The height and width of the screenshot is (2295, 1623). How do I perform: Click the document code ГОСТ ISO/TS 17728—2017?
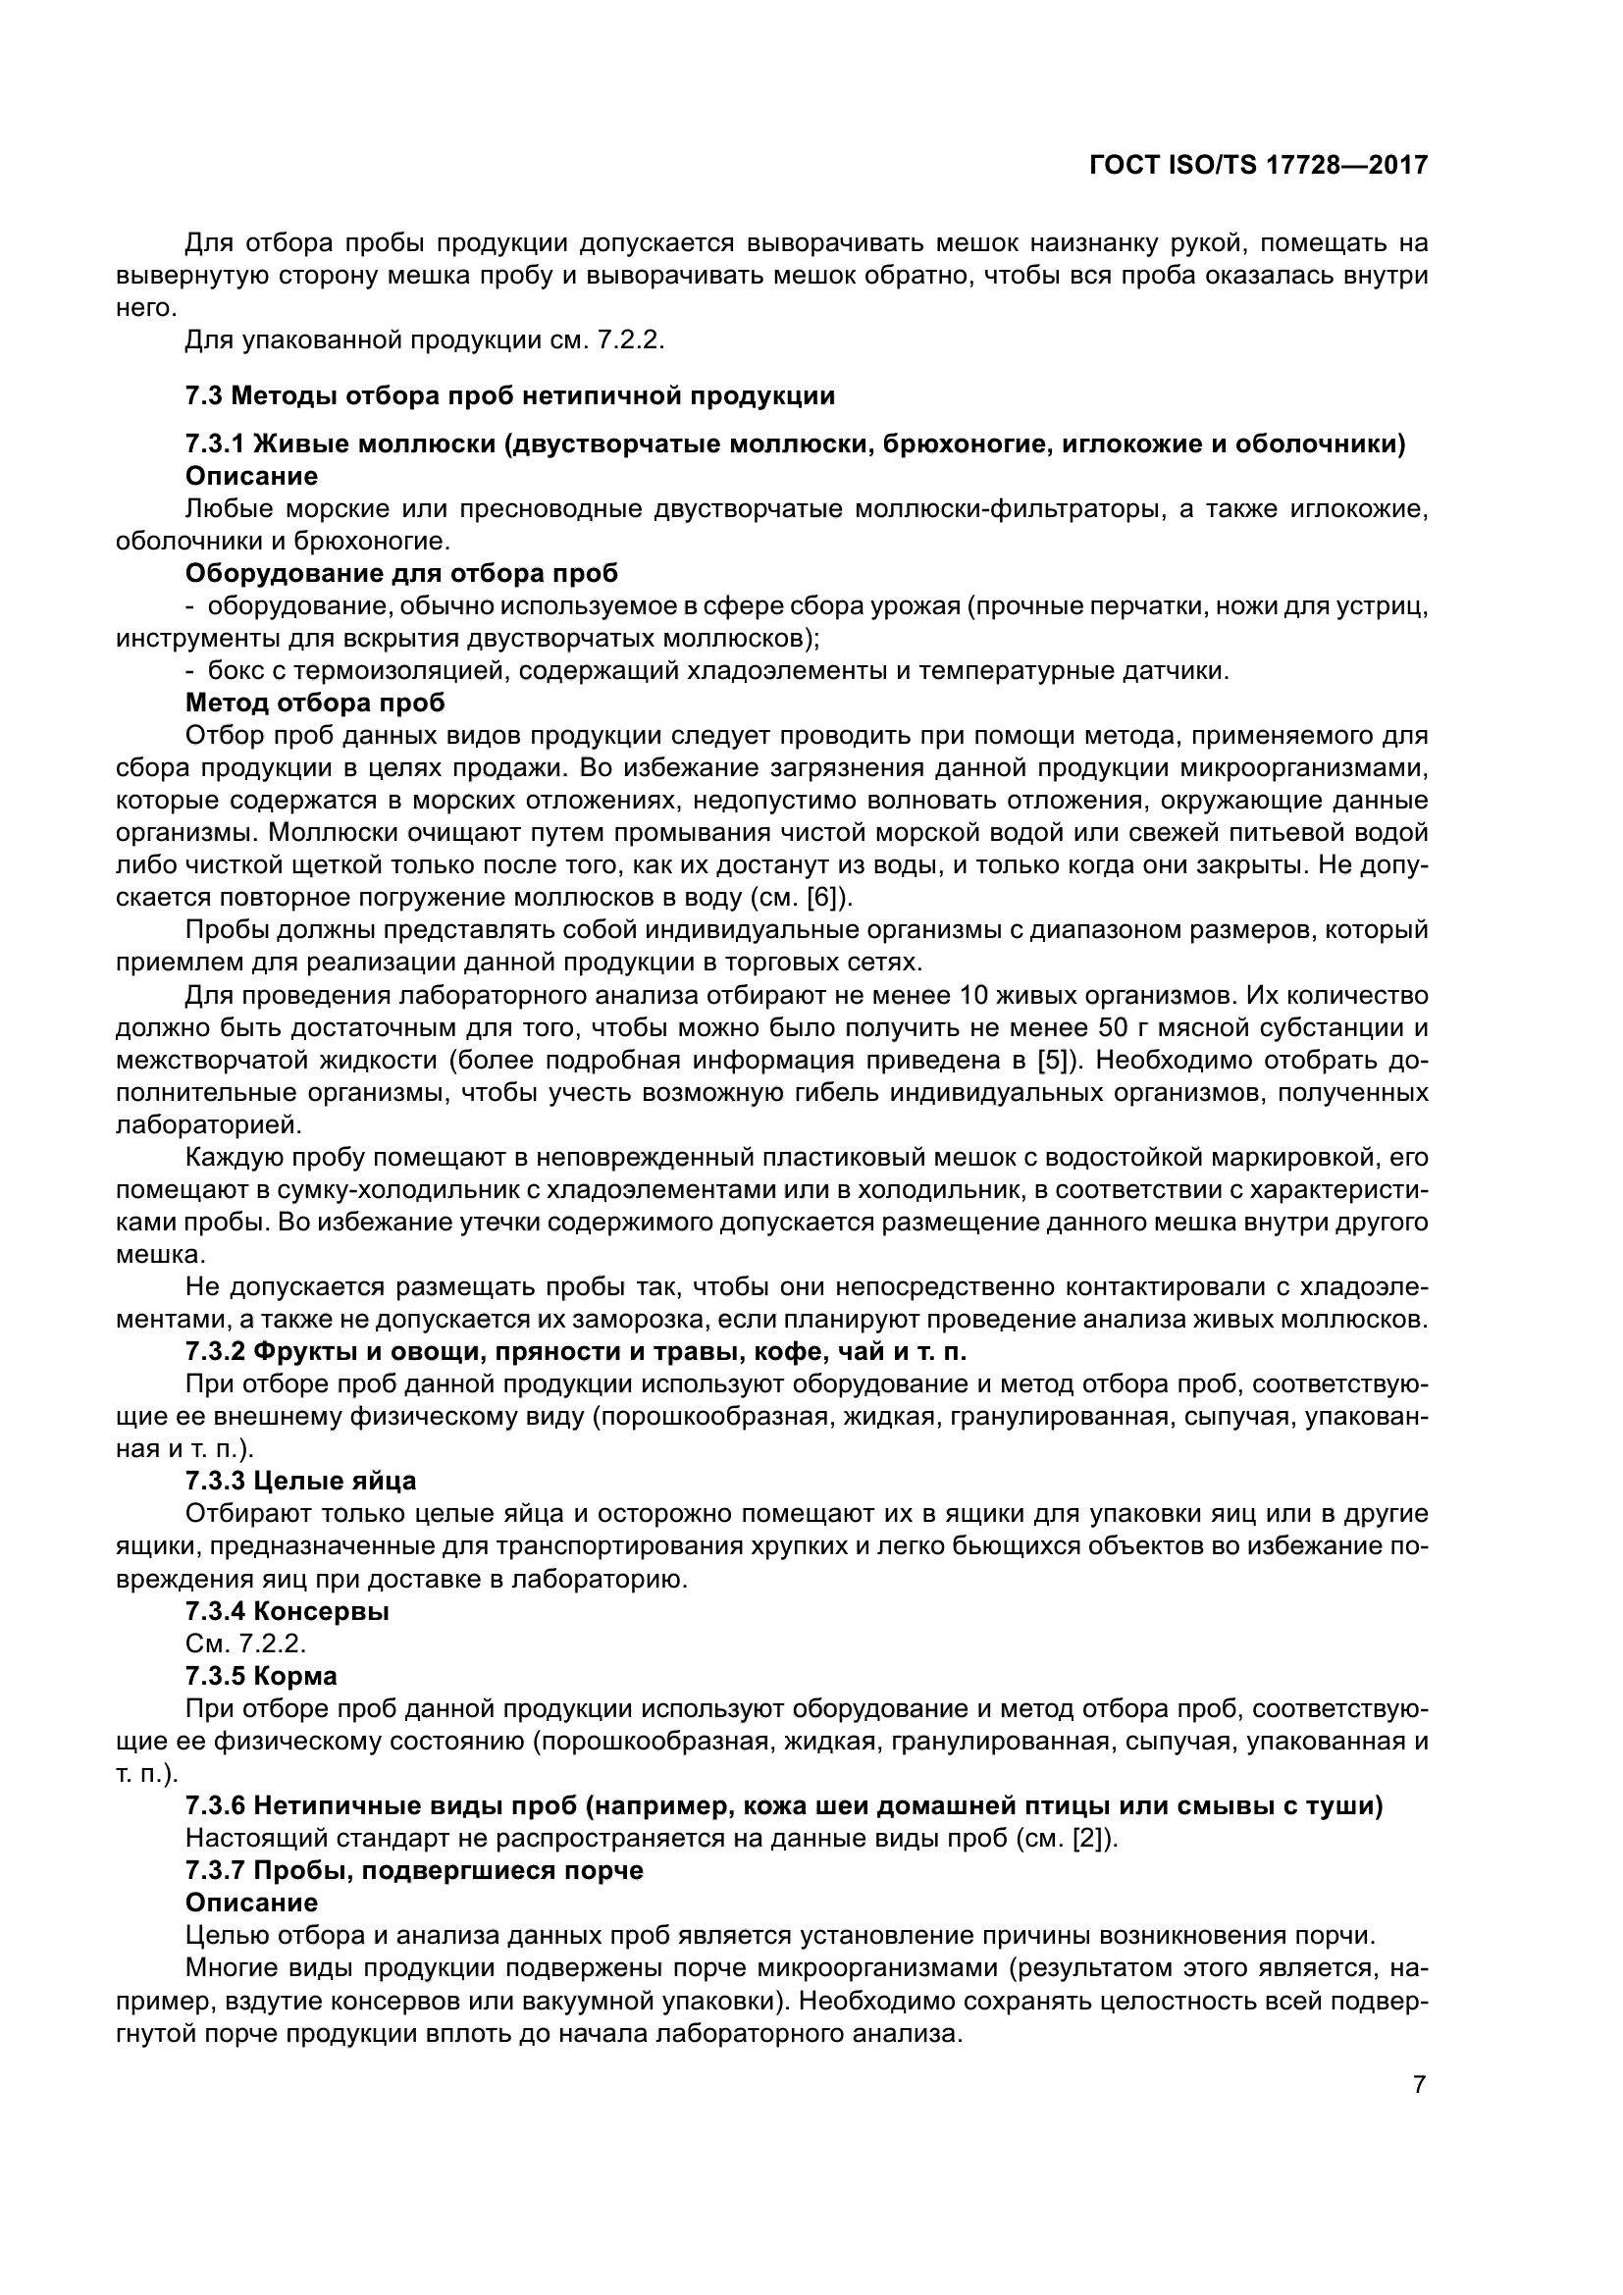1258,166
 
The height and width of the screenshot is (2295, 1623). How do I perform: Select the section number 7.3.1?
216,444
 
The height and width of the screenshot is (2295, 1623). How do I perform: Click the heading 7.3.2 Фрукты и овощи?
576,1351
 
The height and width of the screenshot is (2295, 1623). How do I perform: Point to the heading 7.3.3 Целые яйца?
301,1481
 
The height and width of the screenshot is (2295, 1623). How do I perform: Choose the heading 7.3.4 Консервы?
287,1610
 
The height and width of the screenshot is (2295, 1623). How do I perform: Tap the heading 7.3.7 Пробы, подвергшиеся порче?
414,1870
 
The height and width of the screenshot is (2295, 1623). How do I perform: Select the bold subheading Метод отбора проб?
315,703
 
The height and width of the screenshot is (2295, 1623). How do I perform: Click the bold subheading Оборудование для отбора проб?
401,573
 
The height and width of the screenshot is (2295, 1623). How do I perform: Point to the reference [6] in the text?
825,898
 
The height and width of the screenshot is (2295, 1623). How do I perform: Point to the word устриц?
1384,605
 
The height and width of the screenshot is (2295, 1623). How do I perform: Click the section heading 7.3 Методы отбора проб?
509,395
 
